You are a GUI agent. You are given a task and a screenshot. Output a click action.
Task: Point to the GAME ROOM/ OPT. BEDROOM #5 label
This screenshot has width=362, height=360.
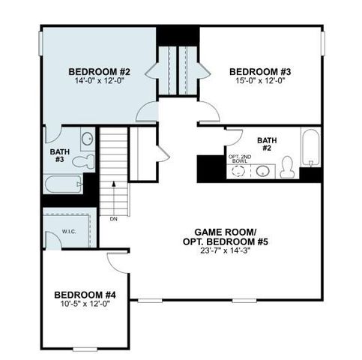coord(220,237)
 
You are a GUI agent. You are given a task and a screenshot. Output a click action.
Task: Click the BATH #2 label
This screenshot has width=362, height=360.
coord(267,144)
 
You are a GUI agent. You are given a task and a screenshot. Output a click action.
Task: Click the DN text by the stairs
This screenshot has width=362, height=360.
coord(113,220)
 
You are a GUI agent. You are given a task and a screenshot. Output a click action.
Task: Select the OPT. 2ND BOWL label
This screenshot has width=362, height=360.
coord(240,159)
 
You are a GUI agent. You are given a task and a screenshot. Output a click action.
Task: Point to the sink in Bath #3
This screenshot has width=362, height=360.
coord(87,139)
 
